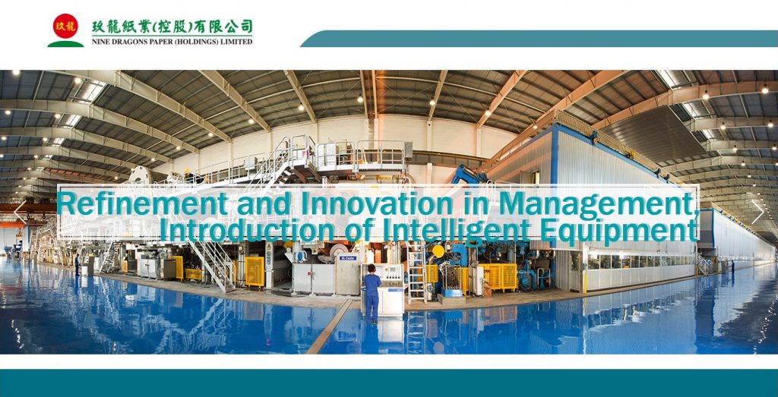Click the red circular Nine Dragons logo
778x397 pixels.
(x=65, y=26)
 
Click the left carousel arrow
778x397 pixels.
(x=20, y=212)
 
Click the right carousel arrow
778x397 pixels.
(x=757, y=212)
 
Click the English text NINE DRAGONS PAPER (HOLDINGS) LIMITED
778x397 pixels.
(x=172, y=42)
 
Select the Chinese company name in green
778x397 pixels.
(x=172, y=27)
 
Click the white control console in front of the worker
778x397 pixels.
(x=390, y=290)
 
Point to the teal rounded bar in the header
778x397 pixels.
(x=539, y=39)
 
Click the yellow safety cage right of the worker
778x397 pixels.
(x=497, y=276)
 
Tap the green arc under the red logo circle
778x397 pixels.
(x=65, y=44)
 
